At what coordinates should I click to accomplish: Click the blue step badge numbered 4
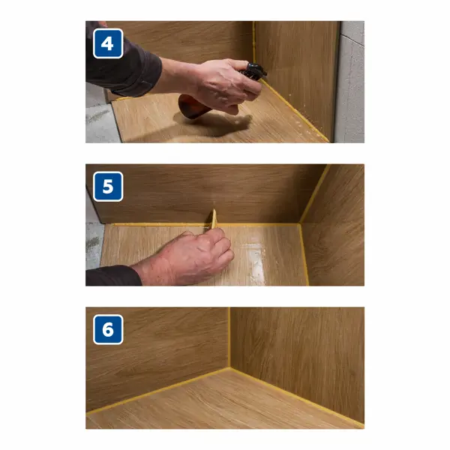coord(108,43)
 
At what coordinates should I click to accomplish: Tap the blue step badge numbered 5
coord(108,187)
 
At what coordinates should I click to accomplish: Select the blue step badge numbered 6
coord(108,329)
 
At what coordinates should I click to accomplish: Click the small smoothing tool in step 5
coord(213,219)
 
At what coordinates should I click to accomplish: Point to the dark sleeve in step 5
coord(113,275)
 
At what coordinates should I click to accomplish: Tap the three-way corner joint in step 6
coord(229,368)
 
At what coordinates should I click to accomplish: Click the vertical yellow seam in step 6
coord(229,337)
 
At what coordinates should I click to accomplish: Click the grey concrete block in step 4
coord(349,82)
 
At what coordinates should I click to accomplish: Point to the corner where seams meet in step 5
coord(300,223)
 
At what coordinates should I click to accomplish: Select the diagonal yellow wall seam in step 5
coord(314,193)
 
